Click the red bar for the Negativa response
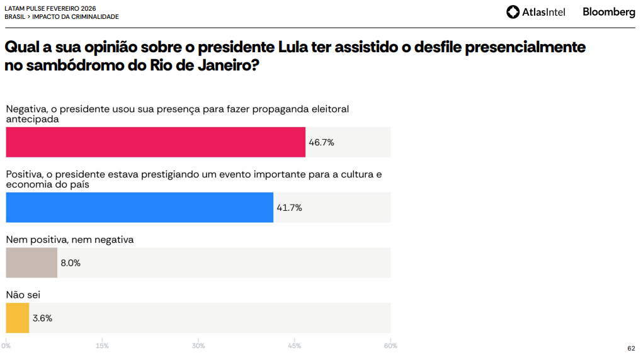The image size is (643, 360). click(x=156, y=142)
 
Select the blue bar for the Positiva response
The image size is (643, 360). click(x=140, y=208)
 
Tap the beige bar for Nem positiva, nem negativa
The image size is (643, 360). click(x=31, y=263)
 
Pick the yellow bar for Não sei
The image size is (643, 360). click(x=18, y=318)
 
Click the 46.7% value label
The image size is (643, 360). click(x=321, y=143)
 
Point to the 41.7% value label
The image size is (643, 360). click(x=289, y=208)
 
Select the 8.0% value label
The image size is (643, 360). click(x=71, y=263)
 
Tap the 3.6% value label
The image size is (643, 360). click(x=42, y=318)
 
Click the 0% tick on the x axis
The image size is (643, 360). click(x=6, y=346)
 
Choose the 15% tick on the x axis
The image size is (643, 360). click(x=102, y=346)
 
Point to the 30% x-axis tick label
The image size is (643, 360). click(x=198, y=346)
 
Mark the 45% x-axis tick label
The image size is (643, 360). click(x=295, y=346)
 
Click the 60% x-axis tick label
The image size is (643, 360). click(x=390, y=346)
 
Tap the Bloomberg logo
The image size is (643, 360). click(x=608, y=12)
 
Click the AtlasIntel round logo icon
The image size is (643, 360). click(x=513, y=12)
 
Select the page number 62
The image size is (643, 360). click(x=631, y=349)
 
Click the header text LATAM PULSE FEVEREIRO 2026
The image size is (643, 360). click(x=50, y=8)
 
